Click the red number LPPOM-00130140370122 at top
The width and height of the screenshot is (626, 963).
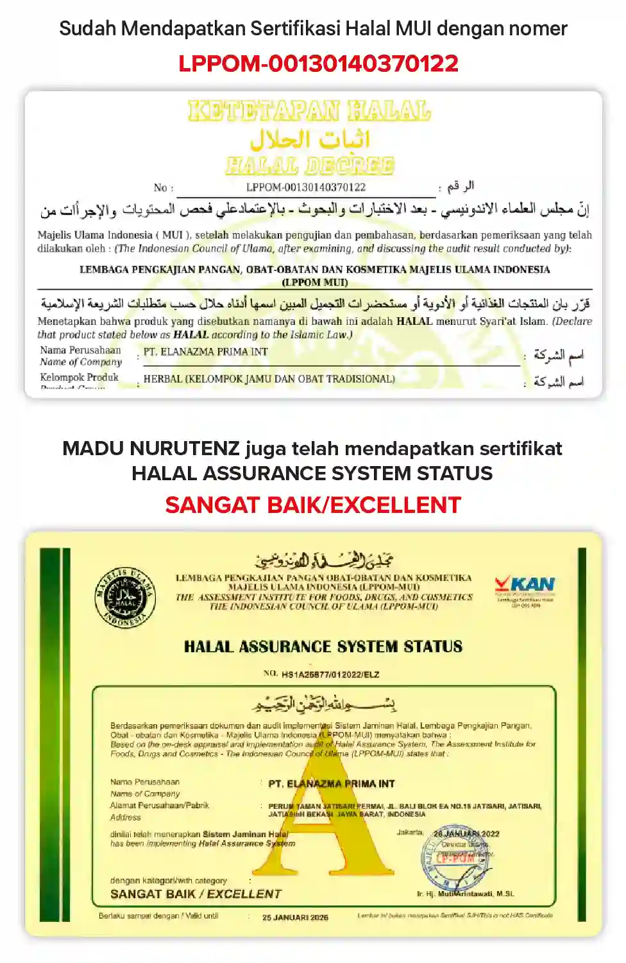click(x=318, y=64)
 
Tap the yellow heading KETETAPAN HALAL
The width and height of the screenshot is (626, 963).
click(x=309, y=111)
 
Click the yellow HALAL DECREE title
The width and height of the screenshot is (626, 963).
click(x=310, y=166)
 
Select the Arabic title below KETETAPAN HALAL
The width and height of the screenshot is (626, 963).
click(x=310, y=139)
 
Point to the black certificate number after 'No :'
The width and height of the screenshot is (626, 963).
click(x=306, y=187)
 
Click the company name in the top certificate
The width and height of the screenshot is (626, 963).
click(x=205, y=352)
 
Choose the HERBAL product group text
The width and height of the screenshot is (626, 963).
click(x=269, y=379)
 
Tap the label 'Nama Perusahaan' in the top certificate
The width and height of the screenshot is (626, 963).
click(x=80, y=351)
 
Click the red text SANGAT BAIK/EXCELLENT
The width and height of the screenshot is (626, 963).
click(x=313, y=505)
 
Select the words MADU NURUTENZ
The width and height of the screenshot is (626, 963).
click(x=151, y=448)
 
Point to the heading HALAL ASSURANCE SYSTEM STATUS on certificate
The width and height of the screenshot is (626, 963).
click(x=323, y=646)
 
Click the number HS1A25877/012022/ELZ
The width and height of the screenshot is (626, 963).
click(x=330, y=675)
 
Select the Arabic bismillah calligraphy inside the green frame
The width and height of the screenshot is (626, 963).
click(x=324, y=704)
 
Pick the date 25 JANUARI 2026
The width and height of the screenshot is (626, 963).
click(x=295, y=917)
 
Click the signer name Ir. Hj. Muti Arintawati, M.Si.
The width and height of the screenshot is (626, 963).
click(x=465, y=894)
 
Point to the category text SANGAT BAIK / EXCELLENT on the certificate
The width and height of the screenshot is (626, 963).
click(x=196, y=894)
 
